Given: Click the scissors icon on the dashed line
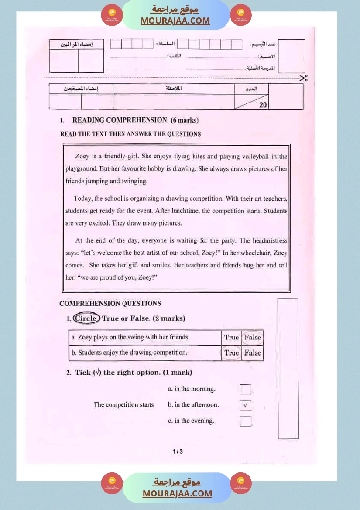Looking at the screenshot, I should [304, 78].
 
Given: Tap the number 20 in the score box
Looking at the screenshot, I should [263, 105].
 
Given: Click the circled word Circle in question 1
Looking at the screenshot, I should [86, 318].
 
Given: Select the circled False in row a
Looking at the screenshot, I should [253, 337].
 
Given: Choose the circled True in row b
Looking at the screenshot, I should [231, 353].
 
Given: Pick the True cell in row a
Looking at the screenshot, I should [231, 337].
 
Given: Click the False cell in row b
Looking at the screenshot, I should [253, 353].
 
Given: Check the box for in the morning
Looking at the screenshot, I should [246, 389].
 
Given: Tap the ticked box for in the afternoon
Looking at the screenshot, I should [246, 405].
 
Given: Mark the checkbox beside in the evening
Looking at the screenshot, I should [246, 421].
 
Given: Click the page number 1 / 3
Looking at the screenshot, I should [178, 452].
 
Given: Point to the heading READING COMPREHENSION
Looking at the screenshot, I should [120, 120].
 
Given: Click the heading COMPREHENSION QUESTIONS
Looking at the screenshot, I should [110, 304].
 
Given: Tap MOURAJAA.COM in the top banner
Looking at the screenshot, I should [175, 21].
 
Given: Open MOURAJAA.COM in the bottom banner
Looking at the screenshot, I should [177, 494].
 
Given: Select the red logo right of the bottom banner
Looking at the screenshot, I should [241, 483].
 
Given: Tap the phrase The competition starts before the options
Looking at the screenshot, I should [124, 405].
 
